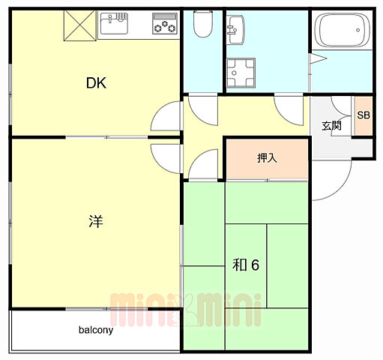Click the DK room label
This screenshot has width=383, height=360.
click(95, 83)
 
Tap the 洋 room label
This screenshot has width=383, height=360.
click(95, 222)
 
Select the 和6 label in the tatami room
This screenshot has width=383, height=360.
click(245, 264)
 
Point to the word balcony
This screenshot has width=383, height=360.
click(95, 329)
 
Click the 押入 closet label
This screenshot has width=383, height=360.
click(267, 157)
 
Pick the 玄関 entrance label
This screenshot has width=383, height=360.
click(332, 125)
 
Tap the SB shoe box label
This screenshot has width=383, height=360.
click(364, 115)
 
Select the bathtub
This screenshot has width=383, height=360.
click(341, 33)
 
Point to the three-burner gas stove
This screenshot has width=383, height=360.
click(163, 24)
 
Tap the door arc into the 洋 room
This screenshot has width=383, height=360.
click(166, 158)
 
